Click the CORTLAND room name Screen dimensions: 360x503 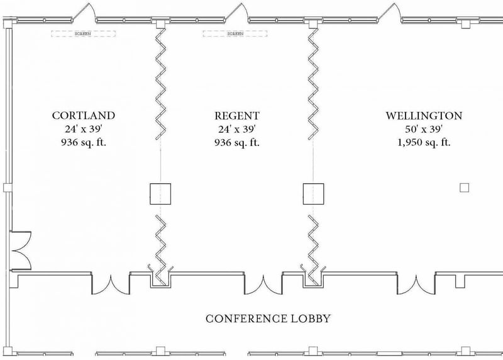pos(84,116)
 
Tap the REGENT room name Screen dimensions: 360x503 pos(237,116)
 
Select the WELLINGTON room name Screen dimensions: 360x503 pos(424,116)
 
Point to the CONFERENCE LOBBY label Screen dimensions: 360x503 pos(268,318)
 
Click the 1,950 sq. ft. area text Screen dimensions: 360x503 pos(424,142)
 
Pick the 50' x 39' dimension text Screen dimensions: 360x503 pos(424,129)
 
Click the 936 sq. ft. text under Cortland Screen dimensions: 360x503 pos(84,142)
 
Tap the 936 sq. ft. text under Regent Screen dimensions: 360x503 pos(237,142)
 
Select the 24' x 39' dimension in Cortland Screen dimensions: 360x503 pos(84,129)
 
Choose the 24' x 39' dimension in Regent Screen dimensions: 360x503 pos(237,129)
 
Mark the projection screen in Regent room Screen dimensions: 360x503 pos(223,33)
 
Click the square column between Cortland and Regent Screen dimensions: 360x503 pos(160,193)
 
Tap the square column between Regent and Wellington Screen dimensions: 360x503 pos(313,193)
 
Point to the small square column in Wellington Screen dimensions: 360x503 pos(465,188)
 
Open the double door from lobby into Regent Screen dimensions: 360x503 pos(263,284)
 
